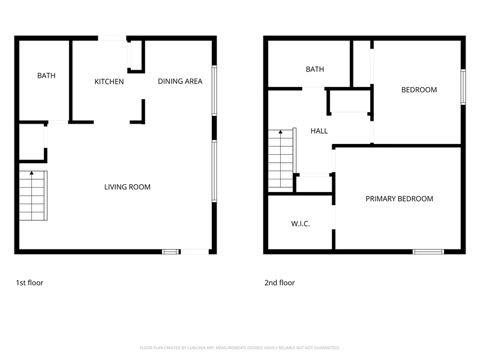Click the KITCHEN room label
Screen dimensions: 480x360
pos(109,82)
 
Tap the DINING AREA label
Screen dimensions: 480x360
pos(180,82)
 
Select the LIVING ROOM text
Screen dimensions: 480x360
pos(127,187)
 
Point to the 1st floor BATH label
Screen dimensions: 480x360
pos(46,76)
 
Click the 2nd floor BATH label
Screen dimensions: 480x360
pos(314,70)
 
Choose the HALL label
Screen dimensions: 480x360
pos(319,131)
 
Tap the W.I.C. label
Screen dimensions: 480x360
pos(301,224)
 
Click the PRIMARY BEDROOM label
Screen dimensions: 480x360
pos(399,199)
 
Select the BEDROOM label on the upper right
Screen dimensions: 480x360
pos(419,90)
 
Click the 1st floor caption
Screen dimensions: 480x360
pos(29,283)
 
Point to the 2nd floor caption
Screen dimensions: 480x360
pos(280,283)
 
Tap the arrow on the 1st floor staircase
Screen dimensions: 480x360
pos(32,173)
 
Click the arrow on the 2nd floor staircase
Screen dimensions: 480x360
pos(280,132)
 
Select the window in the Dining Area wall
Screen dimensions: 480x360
pos(214,91)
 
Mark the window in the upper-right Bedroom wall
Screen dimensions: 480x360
pos(463,87)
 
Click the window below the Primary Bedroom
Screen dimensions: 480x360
pos(428,251)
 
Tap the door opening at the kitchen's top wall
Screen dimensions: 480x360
pos(112,38)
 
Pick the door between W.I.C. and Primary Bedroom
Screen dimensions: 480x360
pos(334,217)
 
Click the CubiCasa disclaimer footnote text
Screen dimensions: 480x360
pos(239,348)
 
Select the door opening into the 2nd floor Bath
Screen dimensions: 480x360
pos(313,89)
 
